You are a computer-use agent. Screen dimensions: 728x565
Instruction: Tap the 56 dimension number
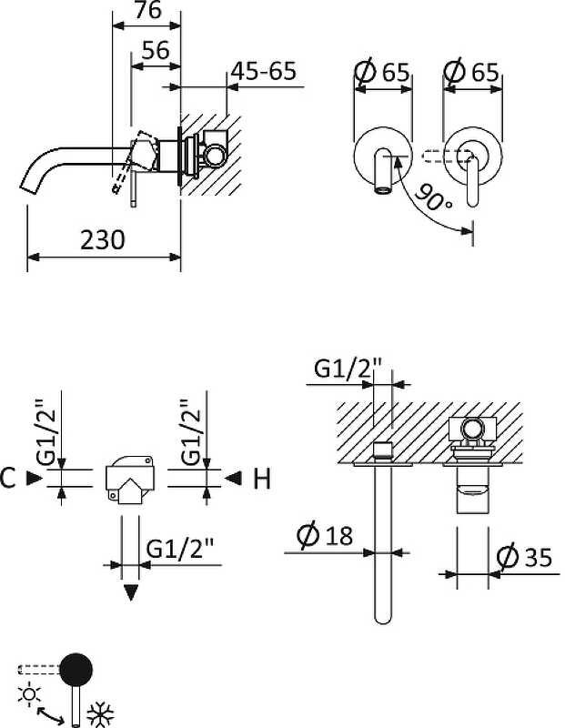(x=156, y=51)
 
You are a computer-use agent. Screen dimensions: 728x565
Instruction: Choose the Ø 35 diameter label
(x=527, y=556)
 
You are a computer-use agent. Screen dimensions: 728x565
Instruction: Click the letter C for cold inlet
(x=9, y=478)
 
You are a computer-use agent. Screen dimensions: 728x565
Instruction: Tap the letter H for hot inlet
(x=262, y=479)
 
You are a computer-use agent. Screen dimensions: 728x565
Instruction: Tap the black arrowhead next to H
(x=233, y=478)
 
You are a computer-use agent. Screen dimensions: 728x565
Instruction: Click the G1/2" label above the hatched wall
(x=348, y=369)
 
